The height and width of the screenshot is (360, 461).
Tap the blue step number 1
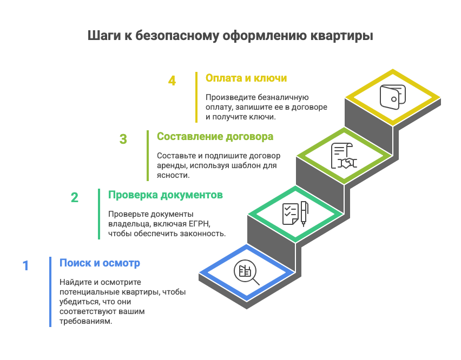click(x=25, y=266)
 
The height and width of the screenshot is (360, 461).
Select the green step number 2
click(x=74, y=198)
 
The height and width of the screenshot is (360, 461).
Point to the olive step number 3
click(x=123, y=139)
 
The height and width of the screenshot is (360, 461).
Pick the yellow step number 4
click(x=172, y=81)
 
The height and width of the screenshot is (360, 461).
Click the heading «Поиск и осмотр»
click(x=100, y=263)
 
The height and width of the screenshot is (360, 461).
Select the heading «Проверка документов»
click(x=166, y=195)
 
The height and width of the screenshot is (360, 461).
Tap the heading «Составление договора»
click(x=215, y=137)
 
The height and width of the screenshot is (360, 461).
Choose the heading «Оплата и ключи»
click(x=246, y=78)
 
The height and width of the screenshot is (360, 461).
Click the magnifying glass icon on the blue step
click(x=246, y=272)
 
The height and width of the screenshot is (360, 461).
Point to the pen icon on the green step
click(x=304, y=214)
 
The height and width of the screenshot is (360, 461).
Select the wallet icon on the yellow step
click(x=392, y=97)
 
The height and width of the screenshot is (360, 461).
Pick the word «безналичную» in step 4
click(x=283, y=97)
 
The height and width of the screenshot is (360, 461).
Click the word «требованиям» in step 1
click(x=86, y=321)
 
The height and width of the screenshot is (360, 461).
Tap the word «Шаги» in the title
click(x=104, y=36)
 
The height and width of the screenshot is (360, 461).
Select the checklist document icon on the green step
click(x=290, y=214)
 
